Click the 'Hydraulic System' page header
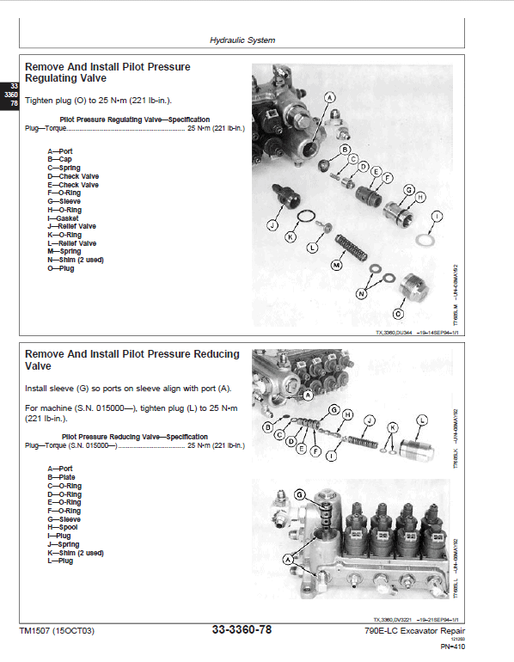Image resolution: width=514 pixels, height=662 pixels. (x=242, y=40)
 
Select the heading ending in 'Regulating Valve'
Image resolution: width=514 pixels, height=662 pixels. (x=107, y=72)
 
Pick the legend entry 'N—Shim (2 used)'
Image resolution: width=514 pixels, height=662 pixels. (x=76, y=260)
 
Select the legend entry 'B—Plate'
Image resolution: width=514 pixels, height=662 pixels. (x=61, y=477)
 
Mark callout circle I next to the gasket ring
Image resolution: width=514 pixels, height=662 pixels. (x=438, y=216)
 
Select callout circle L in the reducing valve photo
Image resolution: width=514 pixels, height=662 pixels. (x=421, y=420)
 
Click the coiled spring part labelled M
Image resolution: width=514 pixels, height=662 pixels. (x=352, y=249)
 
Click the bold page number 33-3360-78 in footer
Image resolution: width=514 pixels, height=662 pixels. (x=242, y=631)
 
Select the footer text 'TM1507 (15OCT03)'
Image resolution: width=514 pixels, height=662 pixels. (x=56, y=632)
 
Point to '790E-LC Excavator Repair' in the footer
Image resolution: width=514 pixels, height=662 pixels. (x=412, y=632)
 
